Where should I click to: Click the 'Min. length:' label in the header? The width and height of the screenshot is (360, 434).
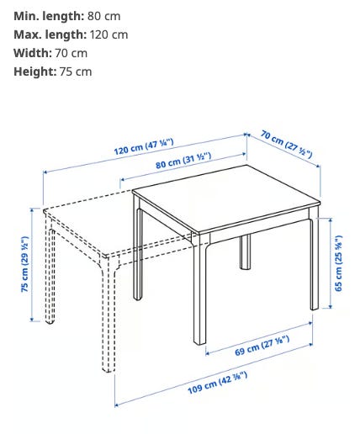click(49, 16)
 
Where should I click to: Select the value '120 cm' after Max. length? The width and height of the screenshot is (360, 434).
click(109, 34)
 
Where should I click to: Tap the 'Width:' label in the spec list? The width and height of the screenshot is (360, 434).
click(33, 53)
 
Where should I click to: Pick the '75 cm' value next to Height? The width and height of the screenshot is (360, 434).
click(76, 71)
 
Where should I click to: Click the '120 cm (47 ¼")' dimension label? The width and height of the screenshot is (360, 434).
click(144, 146)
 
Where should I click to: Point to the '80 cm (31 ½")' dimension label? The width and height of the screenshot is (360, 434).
click(183, 160)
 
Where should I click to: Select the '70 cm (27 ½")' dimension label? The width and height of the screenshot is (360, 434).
click(286, 144)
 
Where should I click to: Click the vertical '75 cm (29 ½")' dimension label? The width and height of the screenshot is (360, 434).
click(24, 264)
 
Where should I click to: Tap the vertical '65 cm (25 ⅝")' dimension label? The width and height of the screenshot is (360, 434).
click(339, 263)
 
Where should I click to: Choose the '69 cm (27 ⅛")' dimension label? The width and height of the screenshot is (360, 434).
click(262, 346)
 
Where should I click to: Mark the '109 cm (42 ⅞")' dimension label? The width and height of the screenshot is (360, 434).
click(217, 383)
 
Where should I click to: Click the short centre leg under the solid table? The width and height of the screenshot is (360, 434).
click(246, 251)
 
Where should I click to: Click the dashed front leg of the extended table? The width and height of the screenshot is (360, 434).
click(109, 314)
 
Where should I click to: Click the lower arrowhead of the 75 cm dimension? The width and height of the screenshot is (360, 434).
click(32, 319)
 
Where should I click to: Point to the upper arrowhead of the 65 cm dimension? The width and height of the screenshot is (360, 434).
click(331, 221)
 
